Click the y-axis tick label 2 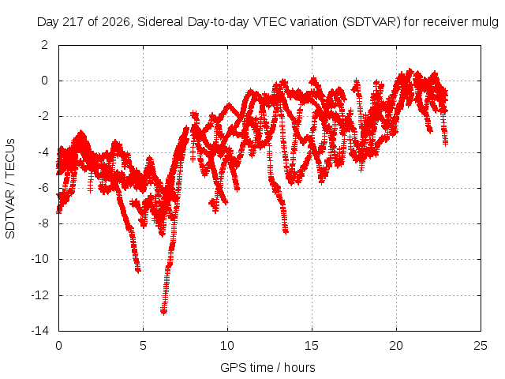[45, 45]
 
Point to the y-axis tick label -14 [40, 331]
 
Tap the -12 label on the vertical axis [40, 295]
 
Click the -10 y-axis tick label [40, 259]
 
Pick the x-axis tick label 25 [481, 346]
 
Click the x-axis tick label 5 [143, 346]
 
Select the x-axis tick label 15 [312, 346]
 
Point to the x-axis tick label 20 [396, 346]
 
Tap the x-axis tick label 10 [227, 346]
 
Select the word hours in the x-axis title [300, 367]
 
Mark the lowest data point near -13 [163, 311]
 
